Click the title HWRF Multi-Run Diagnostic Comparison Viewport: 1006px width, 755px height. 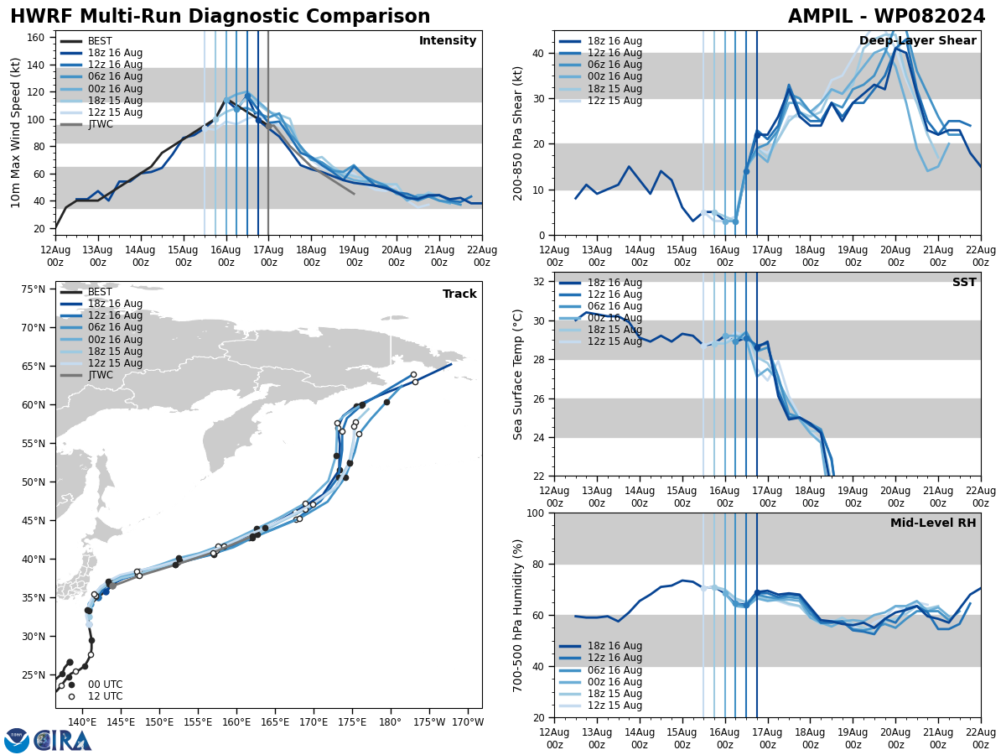coord(220,17)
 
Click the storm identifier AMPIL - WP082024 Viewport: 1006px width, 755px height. coord(886,17)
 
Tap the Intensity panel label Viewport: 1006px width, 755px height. coord(448,41)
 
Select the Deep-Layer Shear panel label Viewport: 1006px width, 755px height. coord(917,41)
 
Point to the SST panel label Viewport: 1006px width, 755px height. coord(964,283)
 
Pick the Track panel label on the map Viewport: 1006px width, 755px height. coord(459,294)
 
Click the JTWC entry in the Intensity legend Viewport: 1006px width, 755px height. coord(100,124)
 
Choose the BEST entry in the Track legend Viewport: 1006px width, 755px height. coord(100,292)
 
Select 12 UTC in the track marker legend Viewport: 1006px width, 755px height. coord(105,696)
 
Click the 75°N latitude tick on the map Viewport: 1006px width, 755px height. coord(34,289)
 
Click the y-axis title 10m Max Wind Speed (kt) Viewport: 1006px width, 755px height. coord(16,133)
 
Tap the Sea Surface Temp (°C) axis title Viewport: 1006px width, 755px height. coord(518,374)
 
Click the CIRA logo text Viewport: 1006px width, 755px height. coord(63,740)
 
